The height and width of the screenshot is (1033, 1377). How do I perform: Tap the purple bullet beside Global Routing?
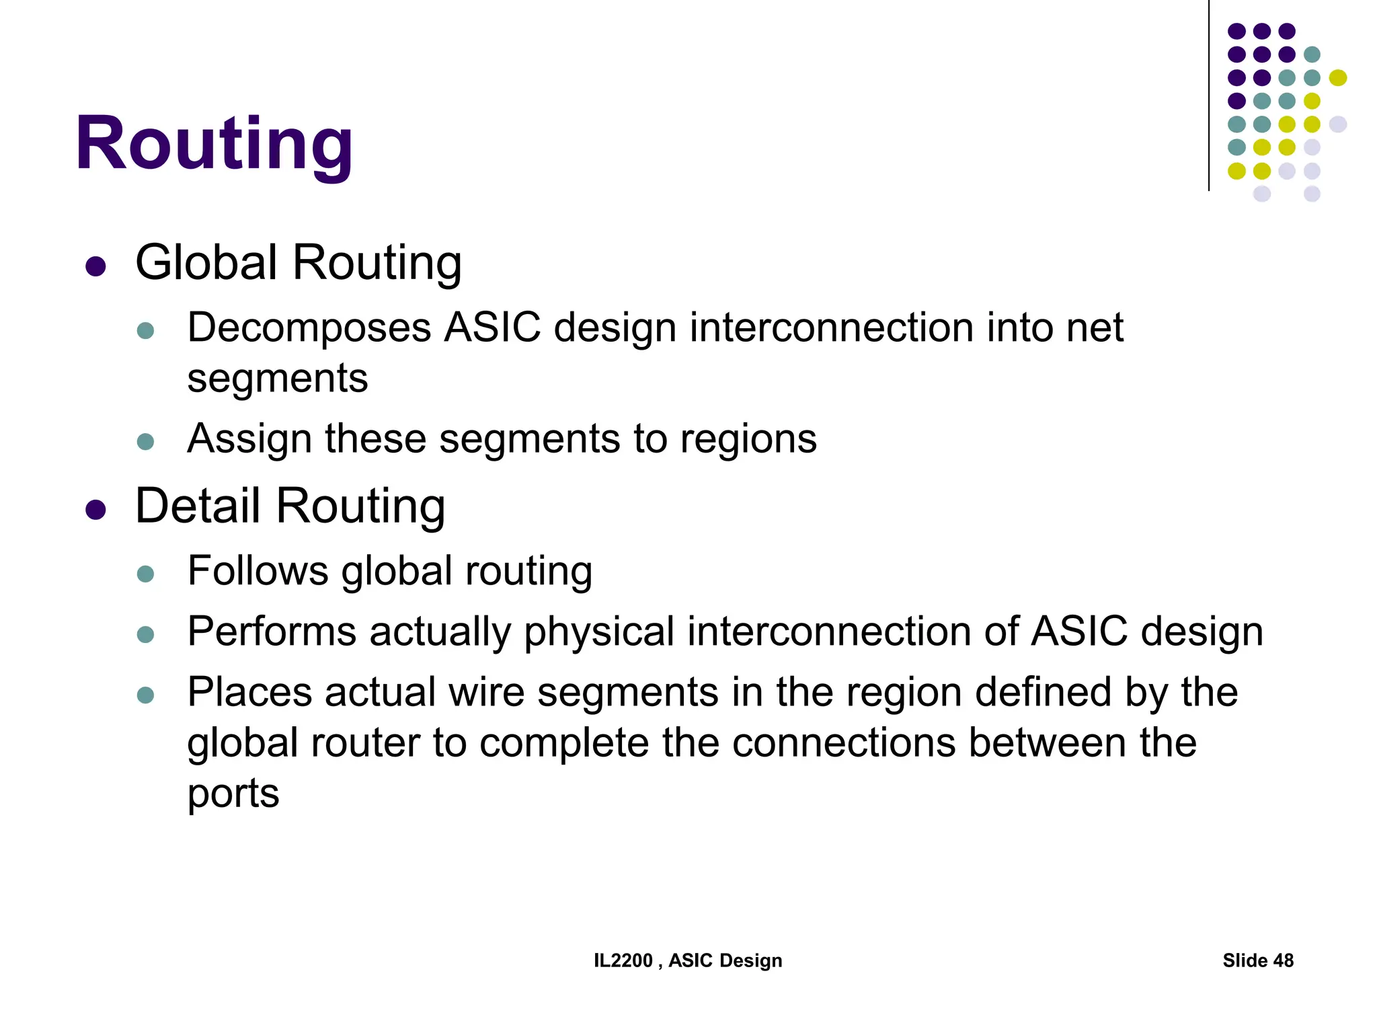pos(96,266)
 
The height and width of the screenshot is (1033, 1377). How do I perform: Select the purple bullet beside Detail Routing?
pos(96,510)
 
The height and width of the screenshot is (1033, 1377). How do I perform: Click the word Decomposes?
pos(309,328)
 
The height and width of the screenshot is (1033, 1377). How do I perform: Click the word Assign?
pos(249,439)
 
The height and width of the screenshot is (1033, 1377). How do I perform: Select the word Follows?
pos(258,571)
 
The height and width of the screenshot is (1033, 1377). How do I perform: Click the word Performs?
pos(272,632)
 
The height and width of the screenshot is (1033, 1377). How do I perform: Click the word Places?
pos(249,692)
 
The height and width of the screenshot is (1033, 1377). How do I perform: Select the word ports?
pos(233,794)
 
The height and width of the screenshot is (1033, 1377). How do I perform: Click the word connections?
pos(843,743)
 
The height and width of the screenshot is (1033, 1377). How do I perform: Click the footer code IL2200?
pos(623,960)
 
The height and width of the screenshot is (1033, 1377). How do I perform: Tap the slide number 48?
pos(1283,960)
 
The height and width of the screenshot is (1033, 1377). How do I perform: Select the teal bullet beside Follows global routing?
pos(145,574)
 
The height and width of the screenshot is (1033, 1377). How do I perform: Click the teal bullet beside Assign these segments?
pos(145,442)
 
